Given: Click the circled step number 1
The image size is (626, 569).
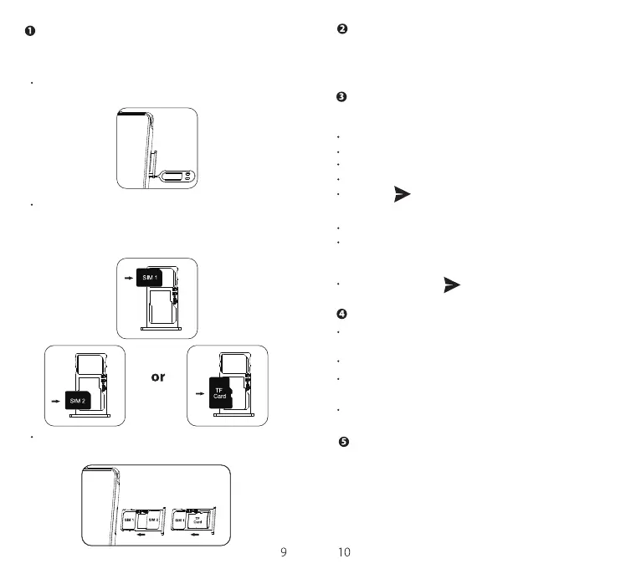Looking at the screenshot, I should [29, 32].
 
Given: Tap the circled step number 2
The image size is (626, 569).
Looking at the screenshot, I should [341, 30].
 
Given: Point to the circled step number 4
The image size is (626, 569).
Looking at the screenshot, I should [341, 314].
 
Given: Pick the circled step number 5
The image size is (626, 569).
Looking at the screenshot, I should [343, 441].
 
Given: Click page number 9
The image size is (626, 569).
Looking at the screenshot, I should [284, 551].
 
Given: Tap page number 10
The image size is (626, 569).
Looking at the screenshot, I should [343, 551].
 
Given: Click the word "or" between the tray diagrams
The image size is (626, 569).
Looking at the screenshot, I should [157, 377].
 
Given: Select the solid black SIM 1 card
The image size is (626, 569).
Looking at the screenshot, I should [148, 276].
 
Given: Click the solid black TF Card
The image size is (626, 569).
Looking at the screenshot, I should [220, 391].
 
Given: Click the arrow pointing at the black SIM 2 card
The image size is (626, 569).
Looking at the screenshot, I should [55, 402].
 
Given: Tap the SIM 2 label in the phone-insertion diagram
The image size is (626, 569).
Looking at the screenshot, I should [153, 520].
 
